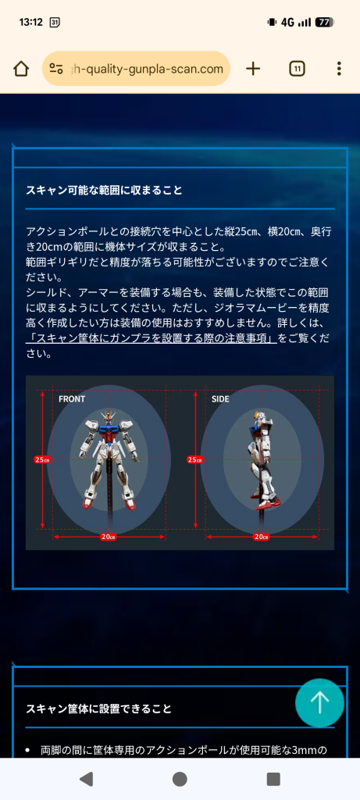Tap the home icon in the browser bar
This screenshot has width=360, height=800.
21,69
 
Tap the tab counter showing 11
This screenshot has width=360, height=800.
297,69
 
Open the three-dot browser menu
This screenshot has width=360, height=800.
339,69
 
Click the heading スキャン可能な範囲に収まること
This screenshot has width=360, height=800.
105,190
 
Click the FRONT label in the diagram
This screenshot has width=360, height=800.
72,399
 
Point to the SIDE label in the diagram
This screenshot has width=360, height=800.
220,399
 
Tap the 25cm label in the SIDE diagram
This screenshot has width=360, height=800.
194,459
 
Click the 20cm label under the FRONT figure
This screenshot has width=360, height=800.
108,536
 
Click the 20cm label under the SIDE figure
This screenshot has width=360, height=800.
261,536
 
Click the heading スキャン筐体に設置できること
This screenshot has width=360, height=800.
98,709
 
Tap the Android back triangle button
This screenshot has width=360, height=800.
87,779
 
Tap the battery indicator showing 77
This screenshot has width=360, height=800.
324,22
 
